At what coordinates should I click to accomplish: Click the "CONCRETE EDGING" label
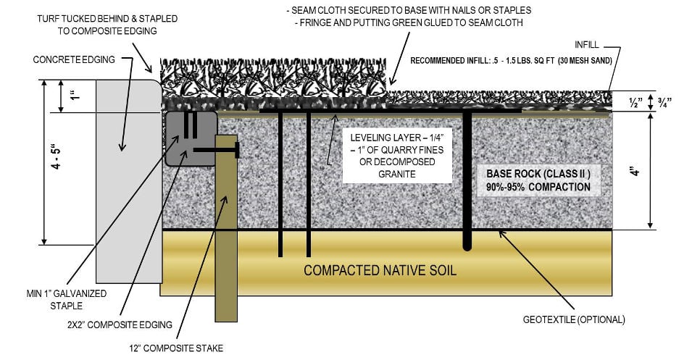point(67,60)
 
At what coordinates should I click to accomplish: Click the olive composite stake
point(225,232)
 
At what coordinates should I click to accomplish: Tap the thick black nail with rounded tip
point(467,181)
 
